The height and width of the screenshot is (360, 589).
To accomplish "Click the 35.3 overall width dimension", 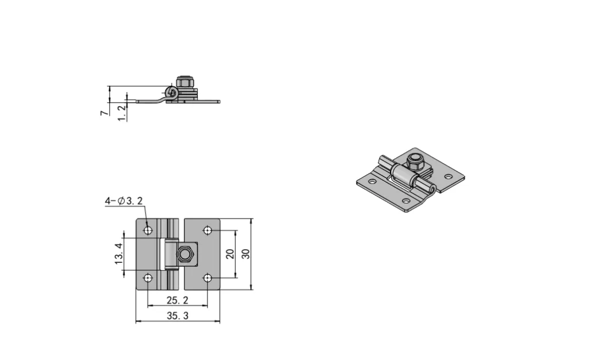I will [177, 315].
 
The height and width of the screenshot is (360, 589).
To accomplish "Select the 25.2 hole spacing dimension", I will [177, 300].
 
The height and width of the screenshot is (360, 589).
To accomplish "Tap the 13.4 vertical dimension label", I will [119, 254].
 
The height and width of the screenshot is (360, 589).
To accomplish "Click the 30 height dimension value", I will [246, 254].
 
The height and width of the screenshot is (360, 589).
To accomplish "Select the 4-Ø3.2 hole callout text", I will [123, 201].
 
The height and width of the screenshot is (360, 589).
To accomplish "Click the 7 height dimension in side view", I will [104, 113].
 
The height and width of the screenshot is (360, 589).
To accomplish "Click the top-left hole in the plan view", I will [148, 231].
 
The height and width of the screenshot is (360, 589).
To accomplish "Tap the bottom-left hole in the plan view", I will [148, 278].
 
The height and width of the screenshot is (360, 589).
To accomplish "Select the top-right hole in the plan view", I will [207, 231].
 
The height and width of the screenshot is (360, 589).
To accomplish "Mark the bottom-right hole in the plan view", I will [207, 278].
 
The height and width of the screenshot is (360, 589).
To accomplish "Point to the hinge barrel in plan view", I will [170, 254].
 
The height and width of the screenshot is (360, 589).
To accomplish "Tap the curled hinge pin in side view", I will [170, 93].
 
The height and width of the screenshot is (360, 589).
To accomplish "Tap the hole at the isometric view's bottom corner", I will [406, 201].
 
